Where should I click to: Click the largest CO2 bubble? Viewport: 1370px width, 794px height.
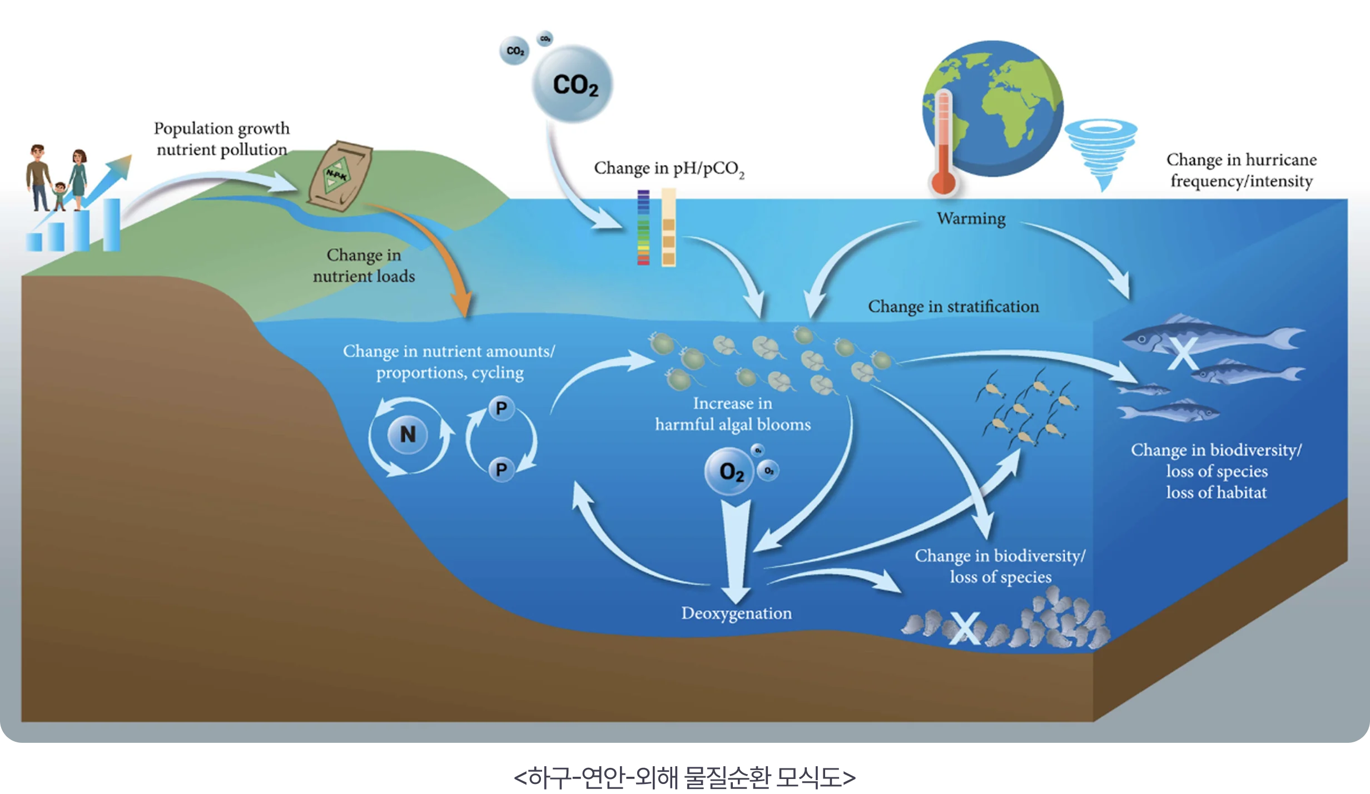click(x=573, y=84)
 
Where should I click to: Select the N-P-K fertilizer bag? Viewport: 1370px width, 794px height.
click(x=340, y=176)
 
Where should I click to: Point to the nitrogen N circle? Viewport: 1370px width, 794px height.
click(x=408, y=435)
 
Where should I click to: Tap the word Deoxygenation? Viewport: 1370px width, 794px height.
click(x=736, y=613)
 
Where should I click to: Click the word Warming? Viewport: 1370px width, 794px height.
click(x=971, y=219)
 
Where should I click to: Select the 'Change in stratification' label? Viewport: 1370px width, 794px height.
click(x=953, y=307)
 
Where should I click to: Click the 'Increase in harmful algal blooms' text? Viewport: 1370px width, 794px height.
click(x=732, y=414)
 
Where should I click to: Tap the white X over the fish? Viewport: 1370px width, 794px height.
click(x=1182, y=354)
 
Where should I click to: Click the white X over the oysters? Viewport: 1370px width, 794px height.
click(x=964, y=628)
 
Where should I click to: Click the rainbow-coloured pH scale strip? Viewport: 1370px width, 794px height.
click(x=643, y=228)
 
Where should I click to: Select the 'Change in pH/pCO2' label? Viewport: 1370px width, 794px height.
click(x=669, y=169)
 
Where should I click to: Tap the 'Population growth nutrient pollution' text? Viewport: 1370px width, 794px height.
click(x=222, y=139)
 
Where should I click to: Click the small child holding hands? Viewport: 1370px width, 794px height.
click(x=59, y=196)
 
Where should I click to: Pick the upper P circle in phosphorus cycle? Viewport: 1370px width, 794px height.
click(x=501, y=409)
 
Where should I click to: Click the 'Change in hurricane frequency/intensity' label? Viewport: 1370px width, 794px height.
click(x=1241, y=170)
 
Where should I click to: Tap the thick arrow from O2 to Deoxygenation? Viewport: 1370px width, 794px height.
click(x=735, y=550)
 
